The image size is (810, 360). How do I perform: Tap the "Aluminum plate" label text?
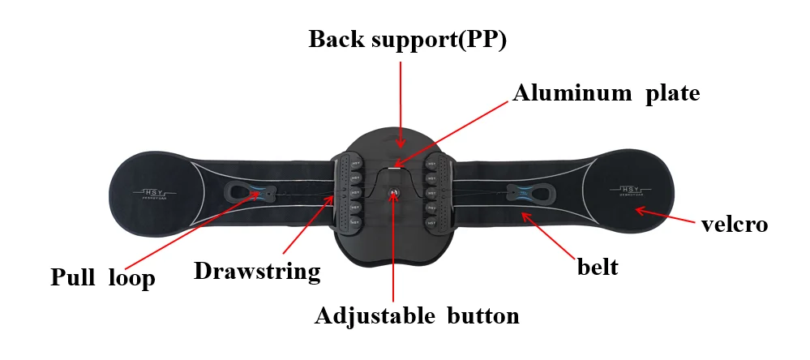(x=606, y=93)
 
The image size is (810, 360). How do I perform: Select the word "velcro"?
(x=734, y=224)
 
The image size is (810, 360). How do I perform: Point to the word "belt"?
(x=597, y=266)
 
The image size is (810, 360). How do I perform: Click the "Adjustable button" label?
(x=417, y=315)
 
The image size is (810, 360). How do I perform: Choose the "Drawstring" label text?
(x=257, y=270)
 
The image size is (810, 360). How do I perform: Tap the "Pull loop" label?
(x=102, y=278)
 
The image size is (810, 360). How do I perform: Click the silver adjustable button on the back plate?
(x=394, y=193)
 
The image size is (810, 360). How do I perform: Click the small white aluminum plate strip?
(x=396, y=166)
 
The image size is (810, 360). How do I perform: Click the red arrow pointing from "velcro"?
(x=665, y=215)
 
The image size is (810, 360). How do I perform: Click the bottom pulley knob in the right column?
(x=432, y=221)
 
